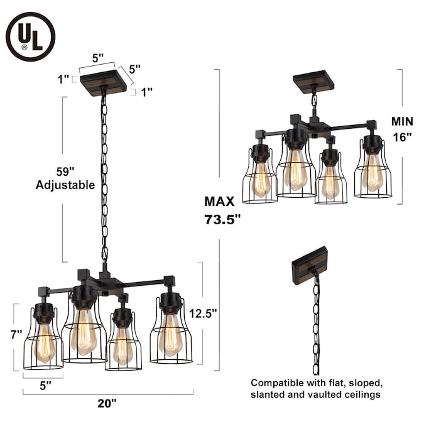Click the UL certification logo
click(30, 36)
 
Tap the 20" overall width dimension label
click(107, 403)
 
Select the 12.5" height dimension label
click(203, 313)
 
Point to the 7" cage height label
click(16, 335)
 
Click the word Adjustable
click(65, 185)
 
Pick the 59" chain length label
click(65, 171)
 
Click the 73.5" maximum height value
click(222, 219)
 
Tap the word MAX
click(219, 202)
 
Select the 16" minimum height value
click(403, 138)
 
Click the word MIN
click(403, 122)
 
